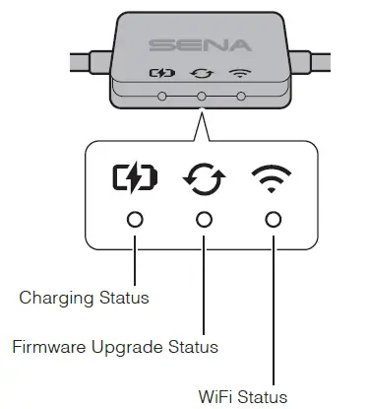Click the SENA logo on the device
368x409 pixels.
[199, 45]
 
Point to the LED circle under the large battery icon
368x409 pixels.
[134, 218]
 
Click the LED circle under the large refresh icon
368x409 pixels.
[204, 218]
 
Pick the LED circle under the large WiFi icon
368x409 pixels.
[273, 218]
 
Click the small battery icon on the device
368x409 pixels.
[161, 72]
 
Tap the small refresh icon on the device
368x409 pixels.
[201, 72]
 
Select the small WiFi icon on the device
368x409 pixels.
[238, 72]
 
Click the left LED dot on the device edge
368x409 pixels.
[161, 97]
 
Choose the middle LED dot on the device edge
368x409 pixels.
[201, 97]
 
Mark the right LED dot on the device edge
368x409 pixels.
[238, 97]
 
